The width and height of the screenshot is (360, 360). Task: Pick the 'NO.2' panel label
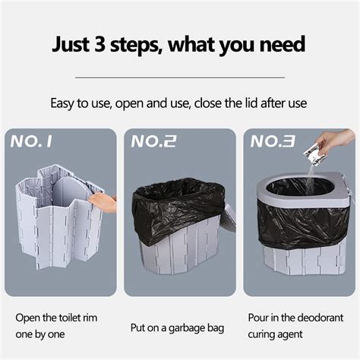click(154, 141)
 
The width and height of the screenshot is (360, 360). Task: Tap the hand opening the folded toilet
click(103, 202)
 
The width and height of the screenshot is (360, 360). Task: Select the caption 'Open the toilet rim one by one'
click(56, 324)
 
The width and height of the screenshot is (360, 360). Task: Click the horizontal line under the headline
click(180, 77)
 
